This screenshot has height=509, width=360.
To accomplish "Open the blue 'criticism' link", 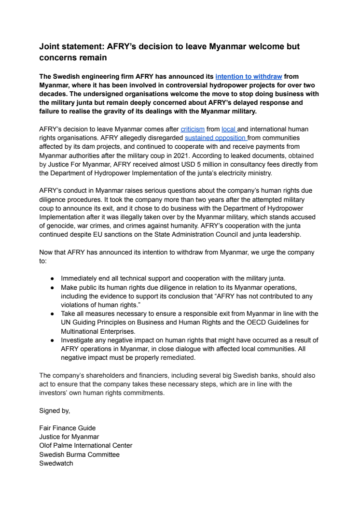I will click(193, 129).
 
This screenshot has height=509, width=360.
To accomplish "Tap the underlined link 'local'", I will click(229, 129).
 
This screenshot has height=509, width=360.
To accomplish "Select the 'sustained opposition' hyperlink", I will click(215, 138).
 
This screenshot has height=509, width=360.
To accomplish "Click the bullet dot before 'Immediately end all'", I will click(52, 279).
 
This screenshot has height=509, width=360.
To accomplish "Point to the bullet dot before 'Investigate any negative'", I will click(52, 340).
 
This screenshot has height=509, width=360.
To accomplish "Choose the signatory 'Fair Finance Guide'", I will click(67, 428).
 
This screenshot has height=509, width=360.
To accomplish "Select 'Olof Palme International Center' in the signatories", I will click(85, 446).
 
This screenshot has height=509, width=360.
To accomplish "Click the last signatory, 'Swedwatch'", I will click(56, 464).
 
